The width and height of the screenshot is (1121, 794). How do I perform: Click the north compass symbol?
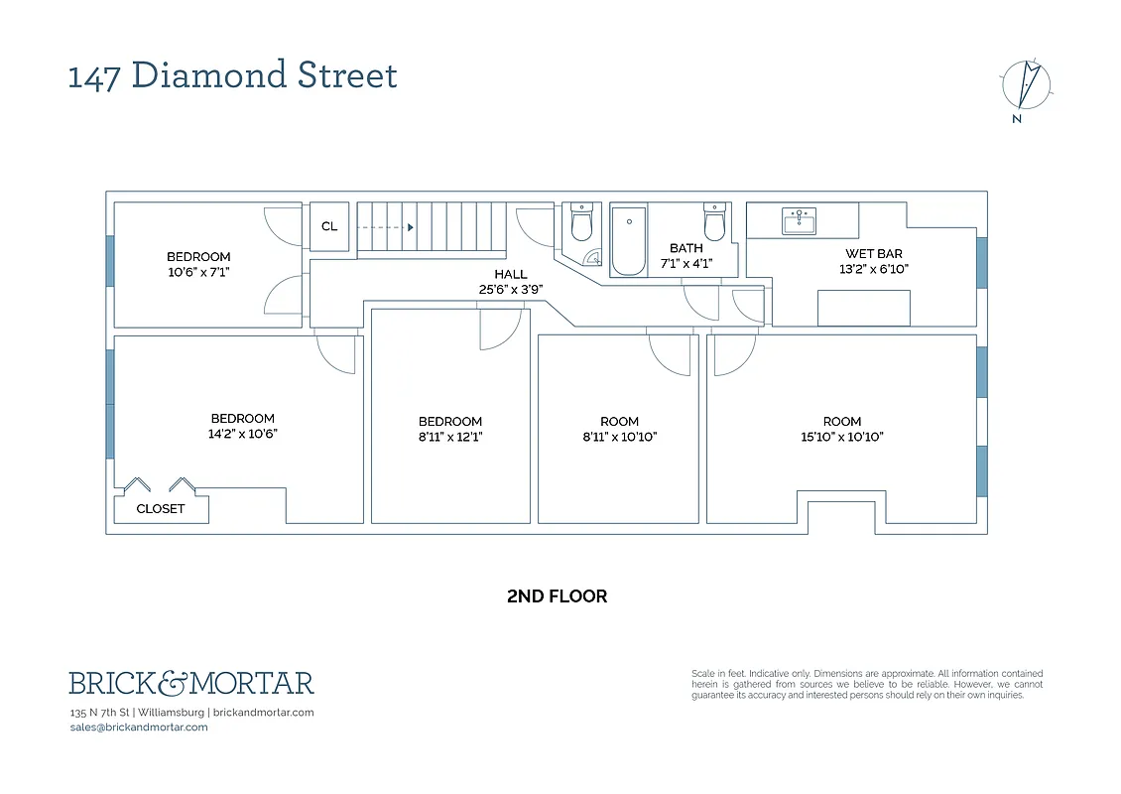click(x=1026, y=85)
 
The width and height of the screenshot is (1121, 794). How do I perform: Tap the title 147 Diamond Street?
click(x=233, y=75)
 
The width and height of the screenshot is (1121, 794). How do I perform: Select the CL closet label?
click(x=329, y=226)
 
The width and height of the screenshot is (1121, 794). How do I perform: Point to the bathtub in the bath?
click(x=629, y=240)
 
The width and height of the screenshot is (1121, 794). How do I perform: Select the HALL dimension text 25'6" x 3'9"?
click(x=511, y=290)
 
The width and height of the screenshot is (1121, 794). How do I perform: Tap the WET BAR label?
click(x=873, y=254)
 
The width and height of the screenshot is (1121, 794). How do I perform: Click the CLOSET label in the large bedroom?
click(x=161, y=508)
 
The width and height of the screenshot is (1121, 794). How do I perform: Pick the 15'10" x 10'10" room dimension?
click(x=841, y=437)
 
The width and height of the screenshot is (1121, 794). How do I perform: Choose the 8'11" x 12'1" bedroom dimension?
click(x=450, y=437)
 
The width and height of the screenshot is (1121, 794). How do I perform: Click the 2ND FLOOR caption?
click(x=557, y=596)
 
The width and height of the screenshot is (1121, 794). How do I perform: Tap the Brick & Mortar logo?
click(x=190, y=683)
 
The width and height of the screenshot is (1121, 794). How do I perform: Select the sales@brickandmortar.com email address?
click(x=139, y=727)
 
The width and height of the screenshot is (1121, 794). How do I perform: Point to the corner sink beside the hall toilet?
click(x=593, y=258)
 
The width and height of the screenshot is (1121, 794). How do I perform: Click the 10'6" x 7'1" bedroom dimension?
click(x=198, y=271)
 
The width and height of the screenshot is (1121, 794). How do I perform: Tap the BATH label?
click(x=685, y=248)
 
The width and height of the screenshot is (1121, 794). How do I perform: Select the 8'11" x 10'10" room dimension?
click(x=619, y=437)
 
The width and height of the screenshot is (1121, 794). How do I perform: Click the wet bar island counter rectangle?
click(x=863, y=308)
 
